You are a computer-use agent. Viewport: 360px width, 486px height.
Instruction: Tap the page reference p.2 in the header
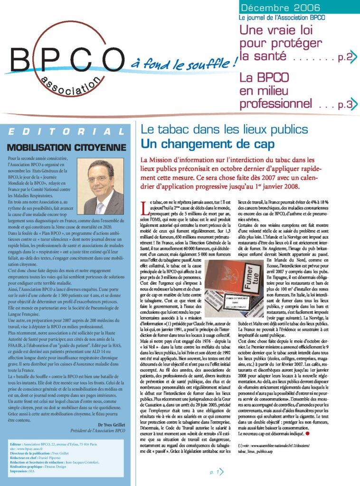[x=345, y=58]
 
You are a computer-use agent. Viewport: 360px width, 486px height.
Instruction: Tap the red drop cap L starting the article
[x=145, y=207]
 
